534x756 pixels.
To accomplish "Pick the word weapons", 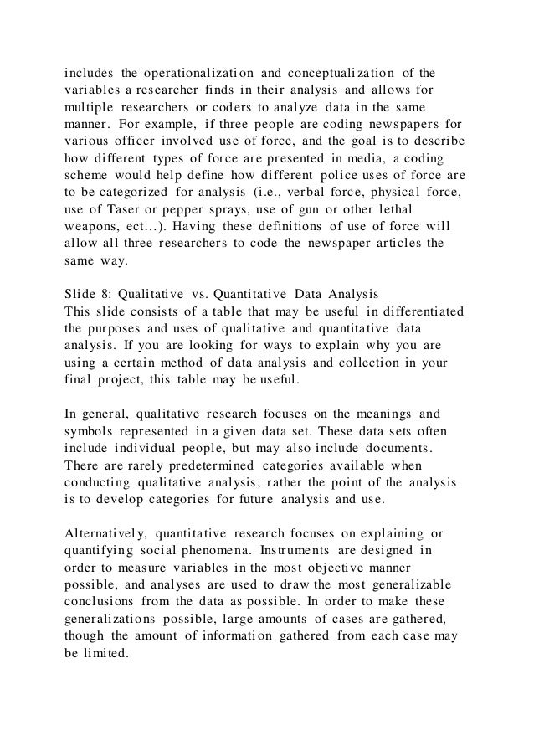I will pos(94,228).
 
